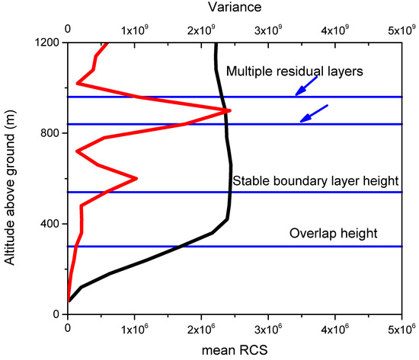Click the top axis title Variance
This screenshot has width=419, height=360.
[240, 8]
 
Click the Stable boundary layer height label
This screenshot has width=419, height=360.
[305, 181]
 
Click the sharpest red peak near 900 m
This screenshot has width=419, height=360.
[229, 110]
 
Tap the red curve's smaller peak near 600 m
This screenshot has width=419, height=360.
[136, 179]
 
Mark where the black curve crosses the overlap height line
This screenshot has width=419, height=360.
[179, 247]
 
